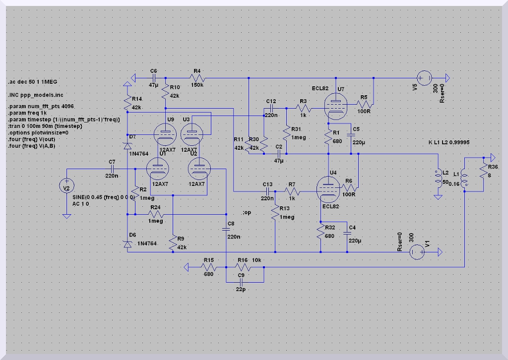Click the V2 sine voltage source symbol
pos(66,186)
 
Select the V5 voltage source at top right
pos(424,78)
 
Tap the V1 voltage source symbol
pos(417,252)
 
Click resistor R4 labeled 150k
pos(197,78)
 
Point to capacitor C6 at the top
pos(154,78)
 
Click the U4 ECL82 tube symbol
pos(328,189)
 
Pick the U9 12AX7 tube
pos(165,134)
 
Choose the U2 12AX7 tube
pos(199,169)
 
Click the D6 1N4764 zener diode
pos(127,244)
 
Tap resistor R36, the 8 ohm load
pos(483,171)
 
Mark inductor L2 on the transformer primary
pos(438,179)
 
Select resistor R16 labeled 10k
pos(243,267)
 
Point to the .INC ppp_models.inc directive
pos(36,95)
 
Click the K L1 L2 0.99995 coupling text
pos(448,142)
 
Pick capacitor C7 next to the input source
pos(112,169)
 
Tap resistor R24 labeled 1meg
pos(155,214)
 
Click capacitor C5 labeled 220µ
pos(351,135)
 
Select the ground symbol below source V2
pos(66,216)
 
